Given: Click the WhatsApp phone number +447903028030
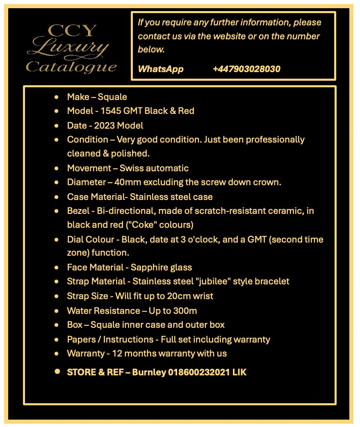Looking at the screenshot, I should tap(246, 69).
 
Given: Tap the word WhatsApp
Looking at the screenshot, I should tap(161, 69).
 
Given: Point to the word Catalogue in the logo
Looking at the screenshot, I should tap(71, 66).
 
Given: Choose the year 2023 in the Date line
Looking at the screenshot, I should tap(105, 125).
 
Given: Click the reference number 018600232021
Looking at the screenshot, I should tap(199, 372).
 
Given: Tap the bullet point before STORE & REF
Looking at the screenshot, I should tap(57, 371).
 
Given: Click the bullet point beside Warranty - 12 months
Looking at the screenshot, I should tap(57, 353).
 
